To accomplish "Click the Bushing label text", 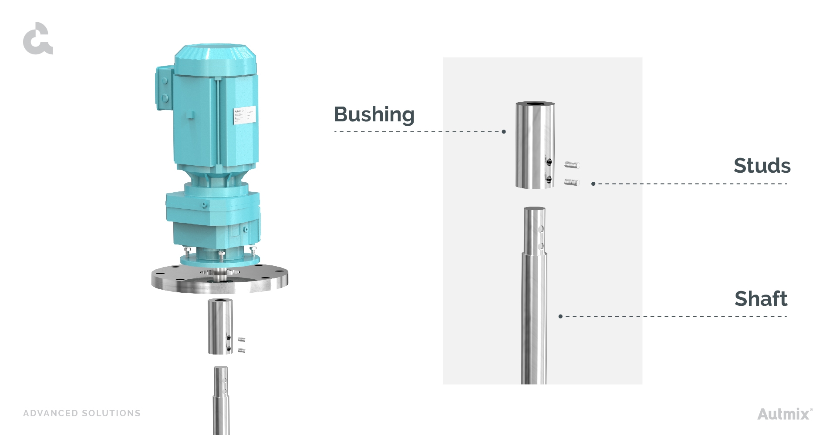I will (x=374, y=114).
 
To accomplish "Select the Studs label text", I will (x=762, y=166).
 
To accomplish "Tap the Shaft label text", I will (x=761, y=299).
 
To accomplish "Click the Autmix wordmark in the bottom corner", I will (x=784, y=413).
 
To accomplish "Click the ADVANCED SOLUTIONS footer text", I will (x=82, y=413).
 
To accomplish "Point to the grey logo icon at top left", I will (x=37, y=39).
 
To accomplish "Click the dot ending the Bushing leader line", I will (x=504, y=131).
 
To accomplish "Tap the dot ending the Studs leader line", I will (x=593, y=184).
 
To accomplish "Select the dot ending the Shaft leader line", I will (x=560, y=316).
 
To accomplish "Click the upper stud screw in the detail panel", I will (x=572, y=165).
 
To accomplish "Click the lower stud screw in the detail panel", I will (x=572, y=182).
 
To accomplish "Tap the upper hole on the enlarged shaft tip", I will (x=540, y=229).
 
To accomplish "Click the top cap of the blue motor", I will (x=215, y=54).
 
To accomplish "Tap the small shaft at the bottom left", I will (x=221, y=400).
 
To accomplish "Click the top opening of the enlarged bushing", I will (x=535, y=104).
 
